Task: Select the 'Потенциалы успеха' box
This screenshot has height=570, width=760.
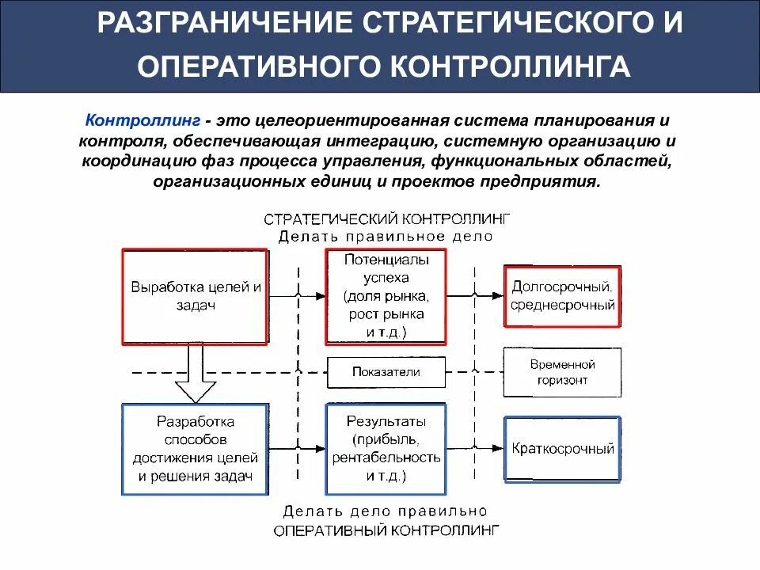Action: click(x=386, y=296)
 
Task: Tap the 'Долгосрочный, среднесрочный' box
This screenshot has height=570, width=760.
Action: click(x=562, y=296)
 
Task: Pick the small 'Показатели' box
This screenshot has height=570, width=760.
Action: click(x=386, y=372)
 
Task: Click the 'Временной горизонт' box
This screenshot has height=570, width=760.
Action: click(x=562, y=372)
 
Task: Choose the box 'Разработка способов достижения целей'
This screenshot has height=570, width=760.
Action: click(x=195, y=448)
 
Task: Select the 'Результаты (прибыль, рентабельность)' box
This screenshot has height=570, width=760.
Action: click(x=386, y=448)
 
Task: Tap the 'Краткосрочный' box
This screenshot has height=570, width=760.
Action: click(x=562, y=449)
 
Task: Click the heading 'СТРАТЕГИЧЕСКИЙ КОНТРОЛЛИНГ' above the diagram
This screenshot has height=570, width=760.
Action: click(x=386, y=219)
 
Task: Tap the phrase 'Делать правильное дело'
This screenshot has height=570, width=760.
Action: click(x=386, y=236)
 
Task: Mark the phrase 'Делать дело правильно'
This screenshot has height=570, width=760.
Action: click(x=386, y=511)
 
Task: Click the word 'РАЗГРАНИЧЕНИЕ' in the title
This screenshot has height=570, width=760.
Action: click(x=224, y=22)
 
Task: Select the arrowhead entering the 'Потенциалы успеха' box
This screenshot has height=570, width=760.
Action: click(x=320, y=296)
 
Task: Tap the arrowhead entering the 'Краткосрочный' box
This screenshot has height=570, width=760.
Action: click(x=498, y=448)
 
